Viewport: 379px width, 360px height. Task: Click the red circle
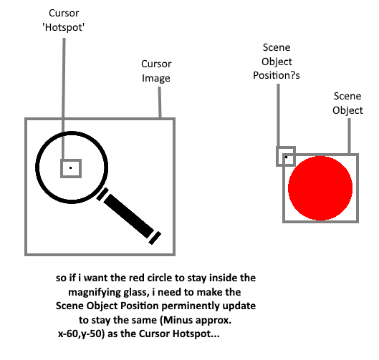(320, 188)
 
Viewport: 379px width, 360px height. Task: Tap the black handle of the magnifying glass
(128, 215)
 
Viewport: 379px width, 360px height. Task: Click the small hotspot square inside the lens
(71, 168)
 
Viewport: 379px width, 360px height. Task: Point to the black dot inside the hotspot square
(71, 167)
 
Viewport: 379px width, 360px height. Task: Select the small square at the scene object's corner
(286, 156)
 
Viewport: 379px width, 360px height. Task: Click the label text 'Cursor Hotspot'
(64, 20)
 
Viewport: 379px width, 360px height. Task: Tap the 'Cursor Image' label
(156, 71)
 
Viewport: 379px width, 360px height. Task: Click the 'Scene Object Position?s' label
(277, 62)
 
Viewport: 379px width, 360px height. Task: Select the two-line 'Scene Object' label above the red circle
(347, 103)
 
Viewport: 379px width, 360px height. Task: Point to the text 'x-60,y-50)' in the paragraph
(82, 334)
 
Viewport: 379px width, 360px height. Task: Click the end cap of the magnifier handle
(155, 238)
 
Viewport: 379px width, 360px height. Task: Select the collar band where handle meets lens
(102, 195)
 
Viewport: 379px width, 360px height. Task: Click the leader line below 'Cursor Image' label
(160, 102)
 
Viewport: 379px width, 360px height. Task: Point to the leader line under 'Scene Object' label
(349, 136)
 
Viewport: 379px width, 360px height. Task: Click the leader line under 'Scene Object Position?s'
(278, 115)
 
